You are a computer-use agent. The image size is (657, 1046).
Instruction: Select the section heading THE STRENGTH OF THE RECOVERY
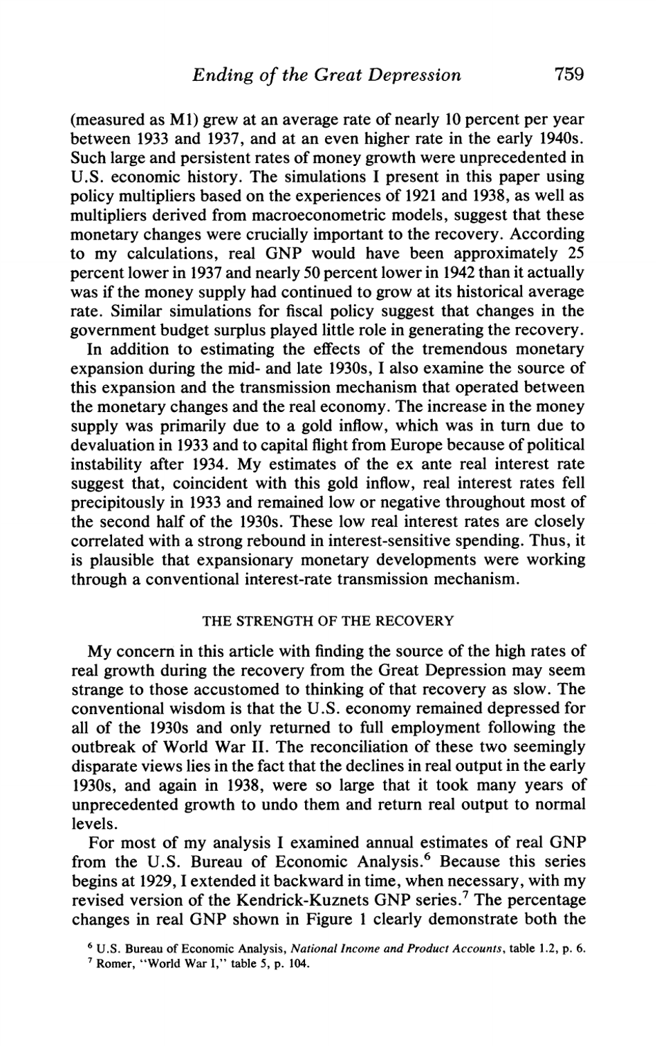click(x=327, y=621)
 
